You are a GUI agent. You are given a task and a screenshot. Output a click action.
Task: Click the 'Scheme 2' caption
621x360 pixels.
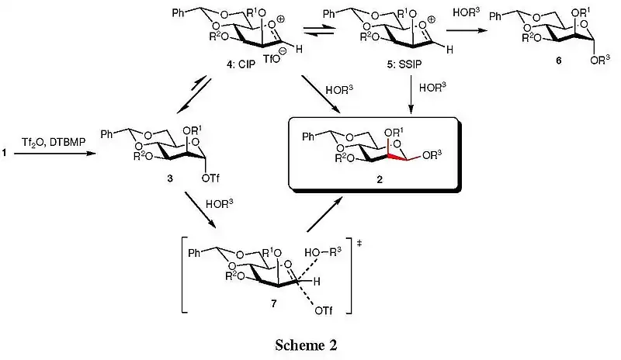click(x=310, y=343)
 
